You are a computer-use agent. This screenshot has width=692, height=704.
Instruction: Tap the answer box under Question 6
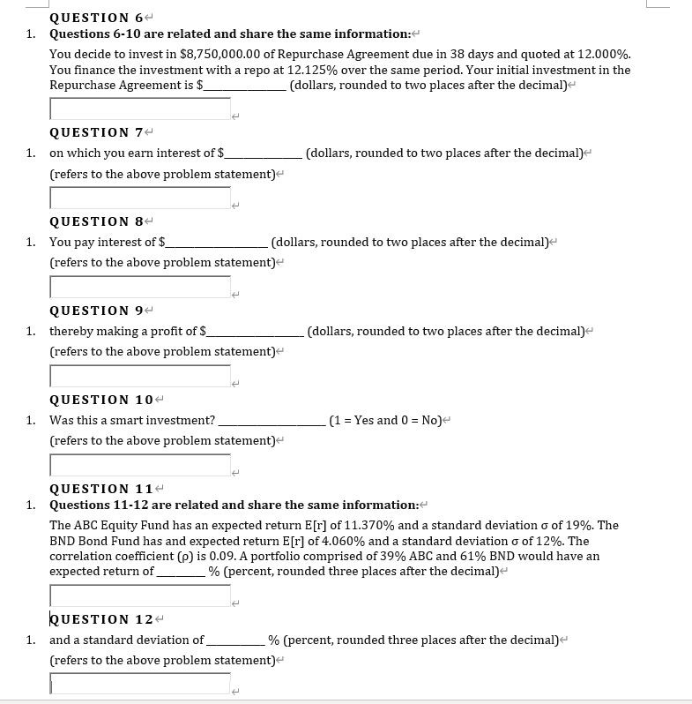[140, 109]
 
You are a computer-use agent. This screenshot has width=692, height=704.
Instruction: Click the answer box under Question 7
[140, 198]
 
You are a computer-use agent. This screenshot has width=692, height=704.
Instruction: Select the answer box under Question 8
[140, 287]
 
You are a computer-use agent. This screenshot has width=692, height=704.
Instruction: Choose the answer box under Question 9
[140, 376]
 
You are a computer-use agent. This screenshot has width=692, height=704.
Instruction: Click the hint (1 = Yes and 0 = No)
[384, 420]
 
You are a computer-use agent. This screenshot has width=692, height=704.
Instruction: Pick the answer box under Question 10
[140, 465]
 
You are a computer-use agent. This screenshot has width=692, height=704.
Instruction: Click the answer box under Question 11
[140, 595]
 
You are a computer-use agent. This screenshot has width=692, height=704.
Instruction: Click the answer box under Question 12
[140, 684]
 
